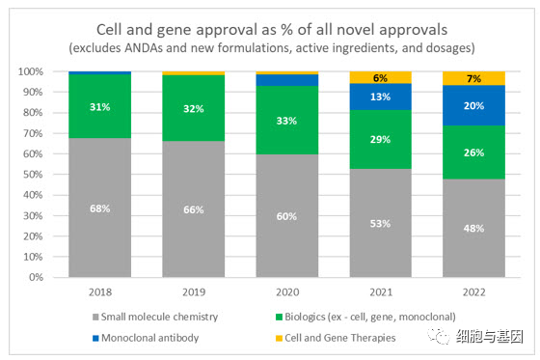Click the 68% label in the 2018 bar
[x=100, y=208]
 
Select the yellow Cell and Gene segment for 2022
[x=473, y=78]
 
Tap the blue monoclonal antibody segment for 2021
[x=381, y=97]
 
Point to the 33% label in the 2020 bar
[x=286, y=121]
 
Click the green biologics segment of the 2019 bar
[x=194, y=108]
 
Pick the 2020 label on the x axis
[x=287, y=292]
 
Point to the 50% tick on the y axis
[x=33, y=175]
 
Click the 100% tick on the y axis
[x=31, y=71]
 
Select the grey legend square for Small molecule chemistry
[x=95, y=317]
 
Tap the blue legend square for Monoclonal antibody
[x=95, y=338]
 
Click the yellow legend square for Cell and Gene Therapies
[x=279, y=338]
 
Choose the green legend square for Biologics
[x=279, y=317]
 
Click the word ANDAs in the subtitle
[x=144, y=48]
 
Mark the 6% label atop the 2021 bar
[x=380, y=78]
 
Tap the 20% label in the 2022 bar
[x=473, y=105]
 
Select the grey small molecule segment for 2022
[x=473, y=228]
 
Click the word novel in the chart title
[x=357, y=30]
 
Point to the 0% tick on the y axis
[x=37, y=277]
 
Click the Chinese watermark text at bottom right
[x=490, y=337]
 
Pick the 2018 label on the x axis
[x=100, y=292]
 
